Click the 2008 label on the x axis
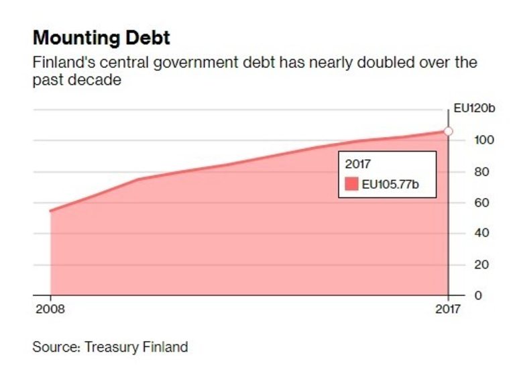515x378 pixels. pos(50,311)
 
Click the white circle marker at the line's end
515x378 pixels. pos(449,131)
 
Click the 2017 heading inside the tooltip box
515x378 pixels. pos(357,164)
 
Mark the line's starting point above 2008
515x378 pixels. pos(50,211)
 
